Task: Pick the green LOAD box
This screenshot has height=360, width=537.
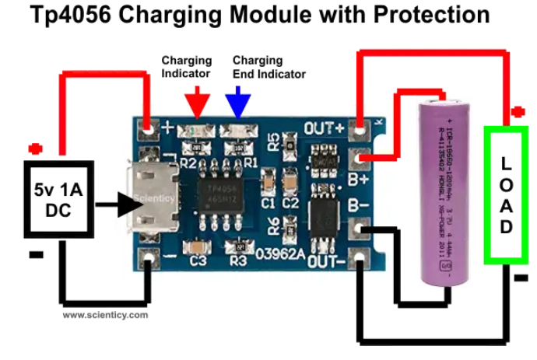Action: tap(507, 195)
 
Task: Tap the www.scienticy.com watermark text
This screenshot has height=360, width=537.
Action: tap(105, 315)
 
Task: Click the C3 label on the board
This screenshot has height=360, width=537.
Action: tap(198, 262)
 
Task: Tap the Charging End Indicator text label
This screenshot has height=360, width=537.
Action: tap(268, 67)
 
